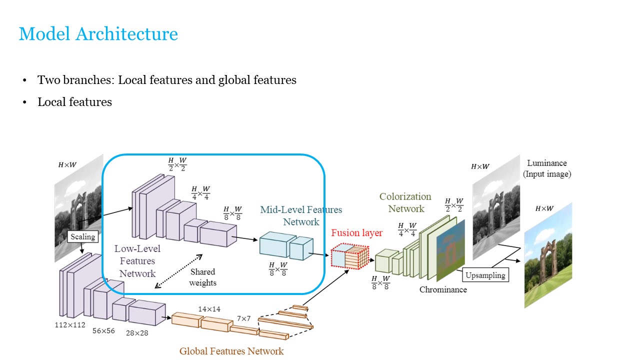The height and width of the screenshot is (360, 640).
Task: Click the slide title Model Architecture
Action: (x=98, y=34)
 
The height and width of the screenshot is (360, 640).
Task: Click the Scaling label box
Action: (x=82, y=236)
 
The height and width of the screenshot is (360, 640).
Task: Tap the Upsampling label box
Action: (x=485, y=275)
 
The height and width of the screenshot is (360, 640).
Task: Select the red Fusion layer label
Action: (x=356, y=233)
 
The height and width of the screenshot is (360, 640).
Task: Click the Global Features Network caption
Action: (x=231, y=351)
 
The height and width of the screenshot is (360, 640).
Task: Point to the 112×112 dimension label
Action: (x=70, y=324)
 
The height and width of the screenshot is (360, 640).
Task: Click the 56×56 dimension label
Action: (x=103, y=330)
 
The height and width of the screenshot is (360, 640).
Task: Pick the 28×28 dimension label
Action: (x=136, y=332)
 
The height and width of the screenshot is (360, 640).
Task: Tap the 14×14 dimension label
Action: (x=209, y=309)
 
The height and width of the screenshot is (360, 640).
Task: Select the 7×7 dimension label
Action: (x=243, y=318)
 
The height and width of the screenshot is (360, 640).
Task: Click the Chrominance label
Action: (x=443, y=289)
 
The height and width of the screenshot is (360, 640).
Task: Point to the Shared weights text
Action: (x=202, y=277)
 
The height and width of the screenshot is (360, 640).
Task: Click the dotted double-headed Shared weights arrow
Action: (x=178, y=270)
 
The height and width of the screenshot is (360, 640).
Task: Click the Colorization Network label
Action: (x=405, y=202)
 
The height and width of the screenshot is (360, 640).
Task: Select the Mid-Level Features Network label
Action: (x=301, y=215)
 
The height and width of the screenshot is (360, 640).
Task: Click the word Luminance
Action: (x=546, y=163)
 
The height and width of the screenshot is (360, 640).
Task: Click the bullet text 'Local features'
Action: (x=74, y=102)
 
